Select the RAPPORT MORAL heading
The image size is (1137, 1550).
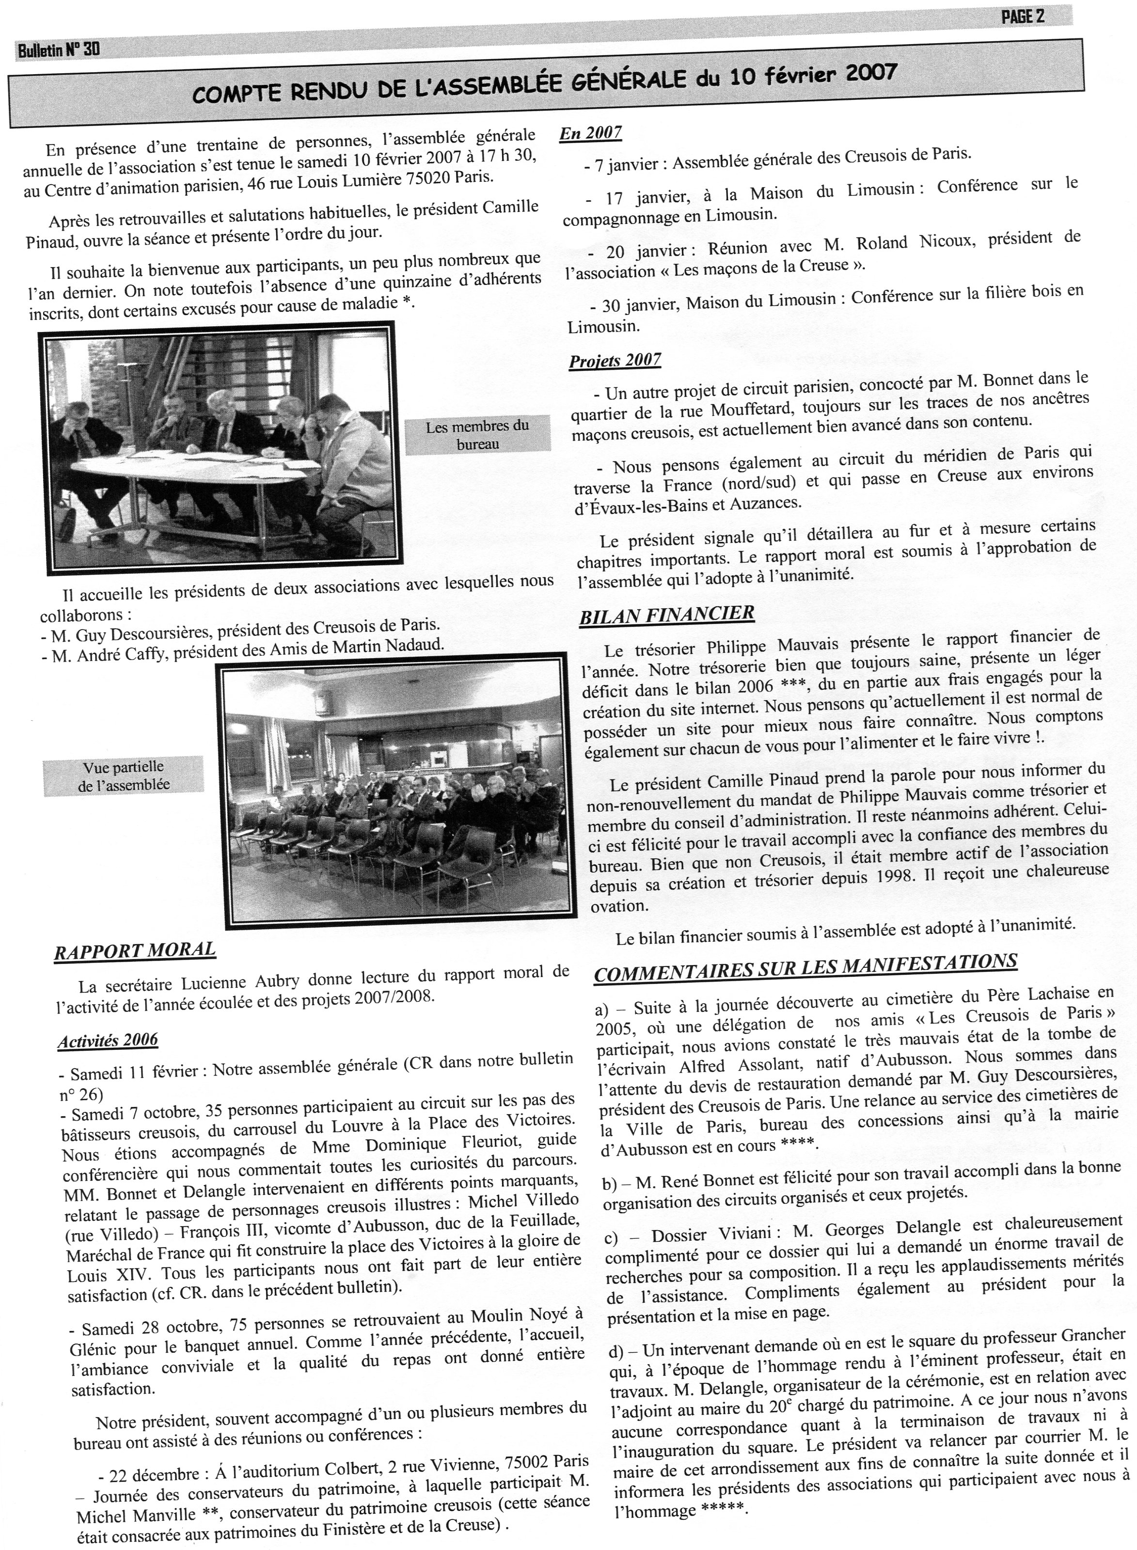click(x=135, y=950)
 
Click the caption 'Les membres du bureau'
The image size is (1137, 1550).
click(x=477, y=435)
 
